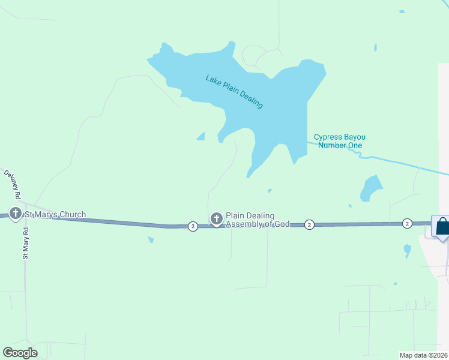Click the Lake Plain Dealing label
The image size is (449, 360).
pyautogui.click(x=234, y=91)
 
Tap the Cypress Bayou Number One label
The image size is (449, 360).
pyautogui.click(x=340, y=141)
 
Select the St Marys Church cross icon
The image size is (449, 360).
pyautogui.click(x=16, y=213)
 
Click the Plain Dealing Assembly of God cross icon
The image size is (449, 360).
pyautogui.click(x=216, y=219)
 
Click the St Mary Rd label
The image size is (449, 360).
pyautogui.click(x=26, y=242)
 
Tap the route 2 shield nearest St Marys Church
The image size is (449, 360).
pyautogui.click(x=193, y=226)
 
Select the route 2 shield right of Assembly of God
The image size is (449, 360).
pyautogui.click(x=309, y=224)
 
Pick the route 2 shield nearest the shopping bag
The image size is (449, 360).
pyautogui.click(x=407, y=223)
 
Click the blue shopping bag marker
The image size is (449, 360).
pyautogui.click(x=442, y=227)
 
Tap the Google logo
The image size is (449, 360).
pyautogui.click(x=20, y=353)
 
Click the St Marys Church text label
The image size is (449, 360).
pyautogui.click(x=55, y=214)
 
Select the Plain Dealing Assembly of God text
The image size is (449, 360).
pyautogui.click(x=258, y=220)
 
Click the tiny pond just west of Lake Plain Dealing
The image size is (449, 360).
pyautogui.click(x=201, y=136)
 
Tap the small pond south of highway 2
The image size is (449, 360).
pyautogui.click(x=151, y=240)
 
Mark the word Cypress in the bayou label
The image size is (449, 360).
pyautogui.click(x=328, y=137)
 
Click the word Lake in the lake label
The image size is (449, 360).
pyautogui.click(x=213, y=79)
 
